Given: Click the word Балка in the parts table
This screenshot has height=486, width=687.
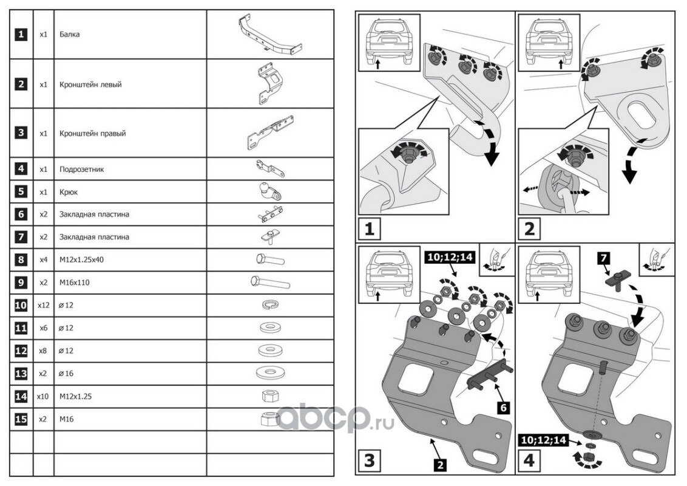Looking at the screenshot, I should (x=70, y=35).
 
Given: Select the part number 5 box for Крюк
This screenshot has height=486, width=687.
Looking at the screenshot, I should (x=21, y=192).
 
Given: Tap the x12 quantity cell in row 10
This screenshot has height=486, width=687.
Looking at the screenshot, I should (x=42, y=306).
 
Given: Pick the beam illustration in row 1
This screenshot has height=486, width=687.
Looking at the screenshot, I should (x=269, y=35).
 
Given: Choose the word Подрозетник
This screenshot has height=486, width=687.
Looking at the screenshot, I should (x=82, y=169).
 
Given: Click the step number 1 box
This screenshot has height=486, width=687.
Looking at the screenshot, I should (x=370, y=230).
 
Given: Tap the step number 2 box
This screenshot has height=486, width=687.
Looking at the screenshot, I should (x=529, y=230).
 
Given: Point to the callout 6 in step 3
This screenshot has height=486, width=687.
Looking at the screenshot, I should (x=503, y=408).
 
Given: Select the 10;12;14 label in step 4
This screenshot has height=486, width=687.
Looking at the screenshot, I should (x=543, y=439).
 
